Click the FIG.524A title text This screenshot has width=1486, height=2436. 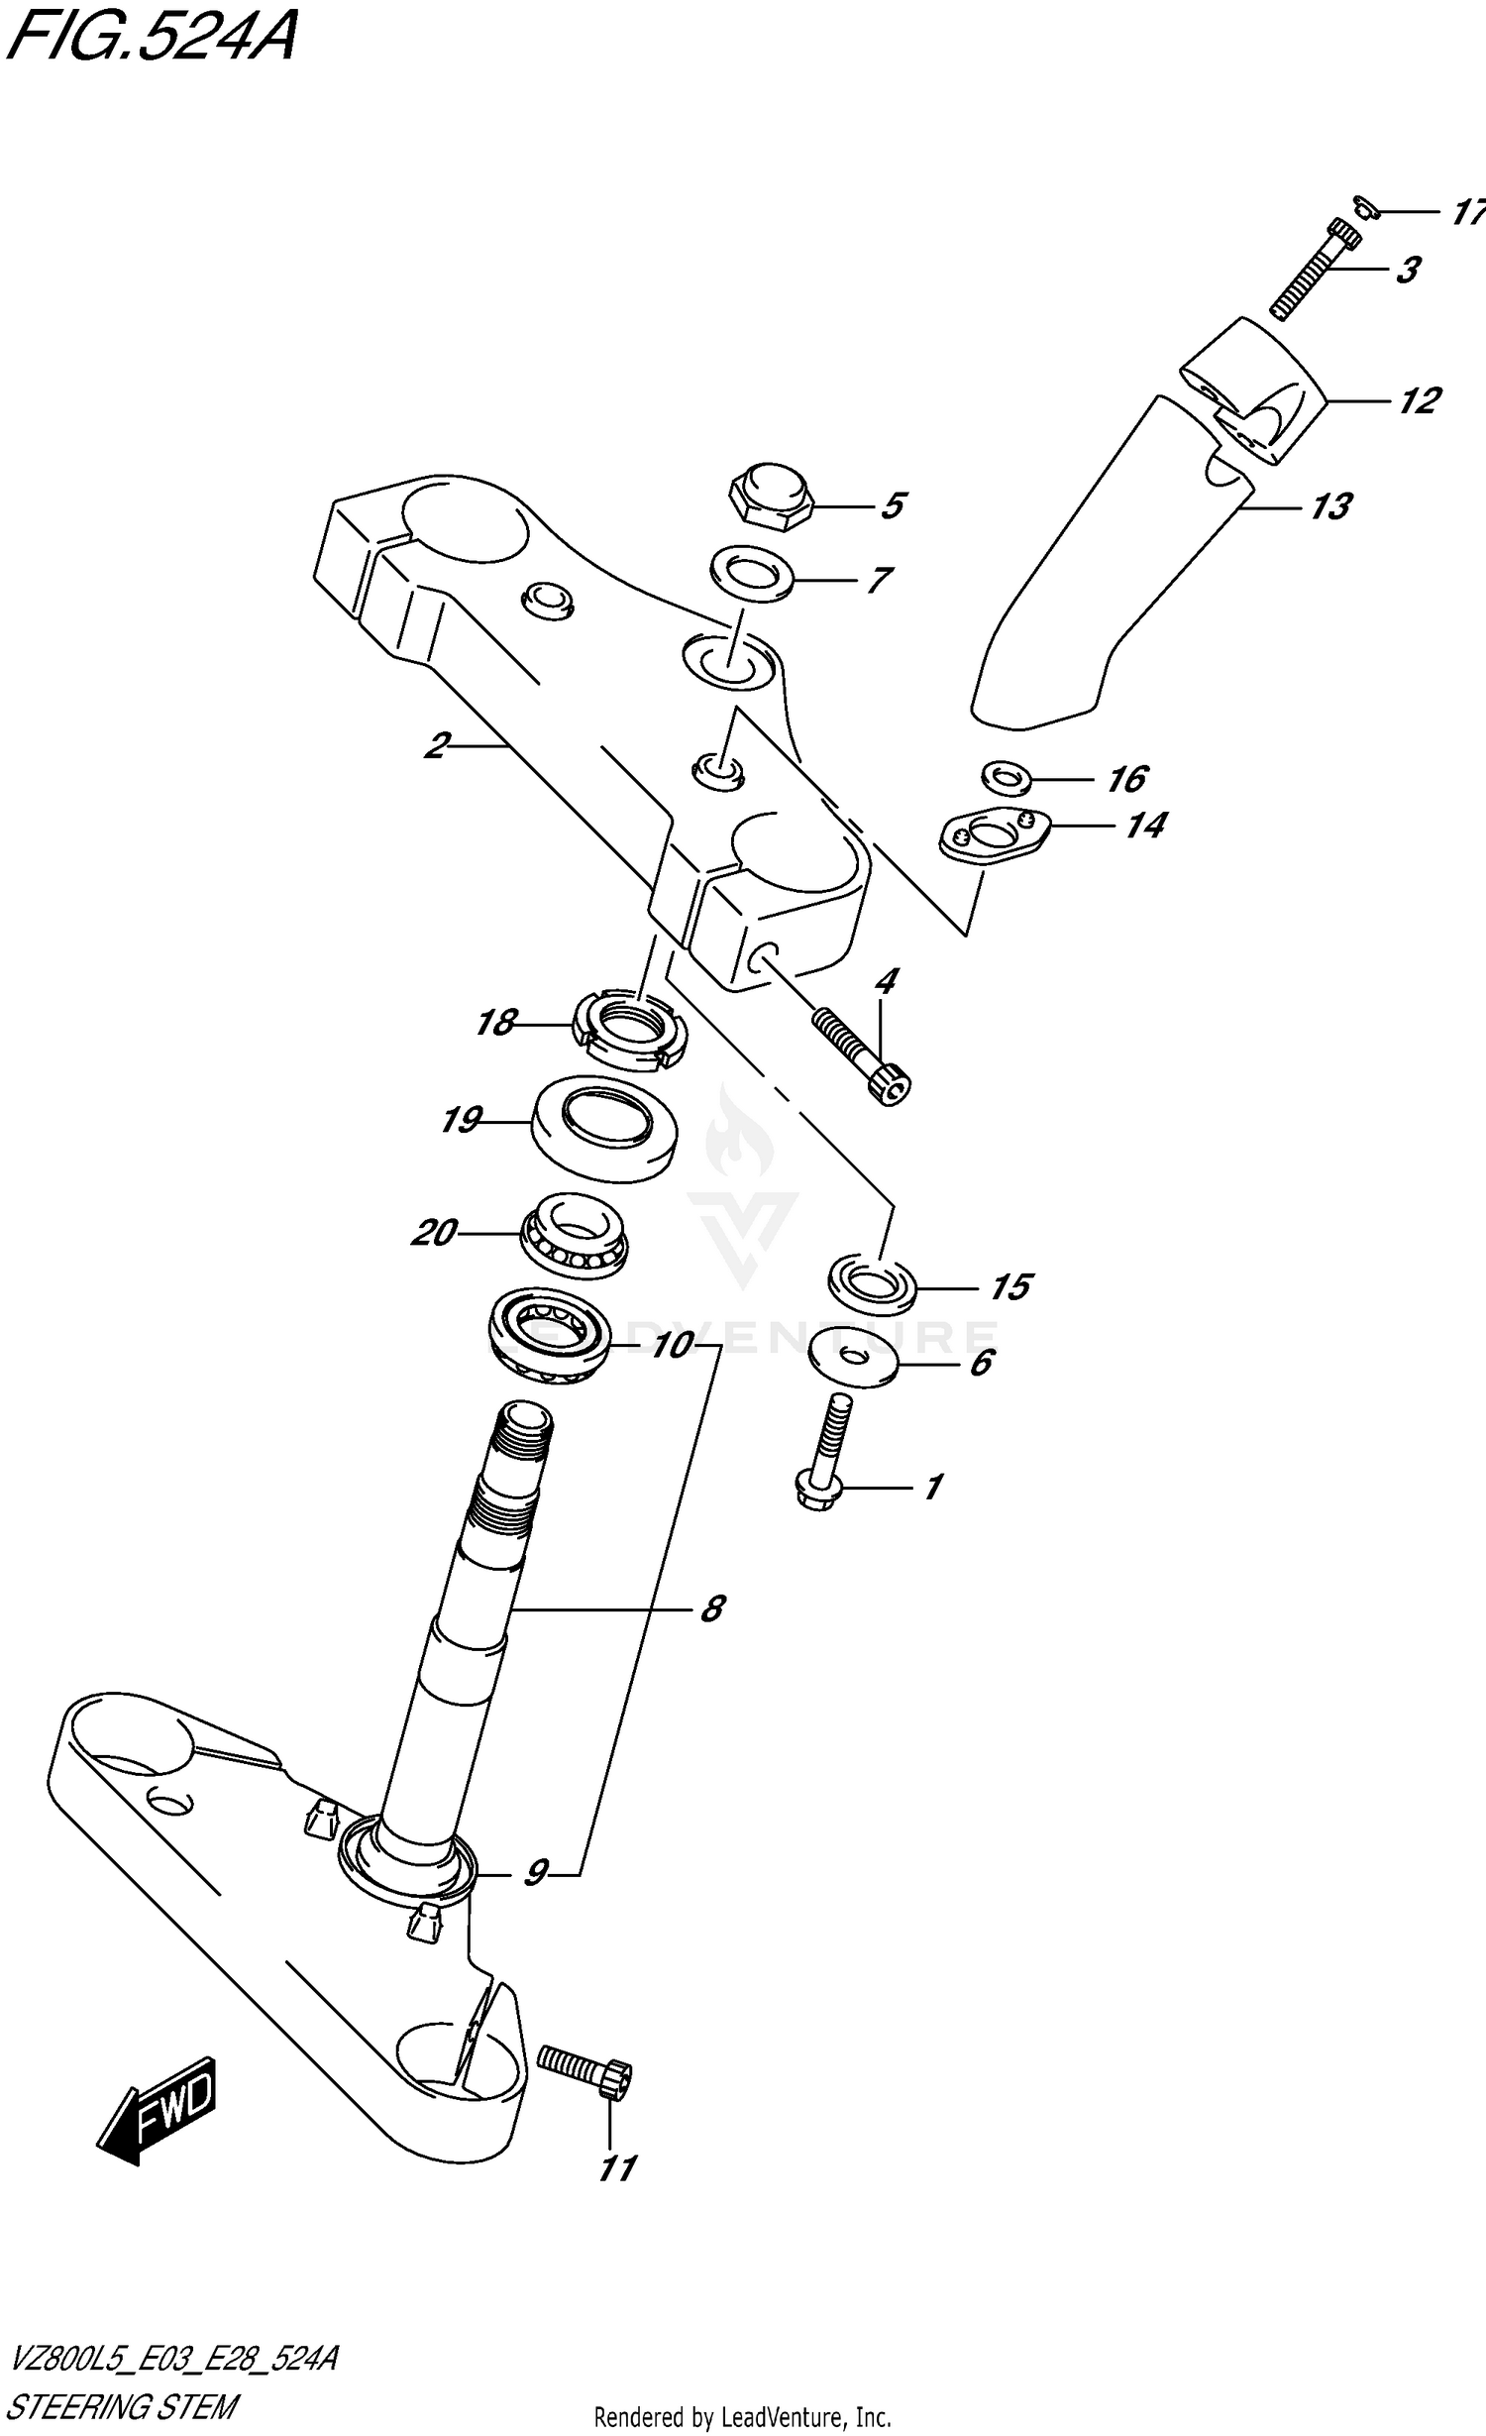tap(149, 40)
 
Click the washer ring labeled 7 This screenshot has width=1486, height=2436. tap(751, 573)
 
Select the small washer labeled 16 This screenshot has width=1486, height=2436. tap(1007, 777)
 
